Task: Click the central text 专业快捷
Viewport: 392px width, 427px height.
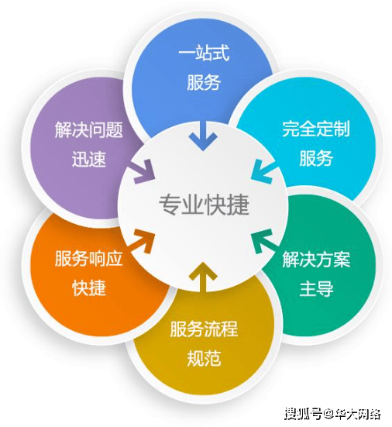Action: pyautogui.click(x=204, y=205)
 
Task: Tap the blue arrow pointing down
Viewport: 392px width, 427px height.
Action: pyautogui.click(x=203, y=136)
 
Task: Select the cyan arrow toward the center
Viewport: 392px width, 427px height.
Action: pyautogui.click(x=263, y=171)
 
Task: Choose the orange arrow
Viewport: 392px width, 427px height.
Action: pyautogui.click(x=142, y=241)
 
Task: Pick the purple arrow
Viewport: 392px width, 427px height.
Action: pyautogui.click(x=143, y=171)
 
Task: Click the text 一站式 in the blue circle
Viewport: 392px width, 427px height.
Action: pyautogui.click(x=204, y=53)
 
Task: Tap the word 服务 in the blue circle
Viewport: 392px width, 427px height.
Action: pyautogui.click(x=204, y=82)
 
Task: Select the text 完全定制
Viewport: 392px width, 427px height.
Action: pyautogui.click(x=316, y=129)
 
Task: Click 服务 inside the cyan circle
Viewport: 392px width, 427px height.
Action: pyautogui.click(x=316, y=158)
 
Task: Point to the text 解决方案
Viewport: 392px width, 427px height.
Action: pyautogui.click(x=316, y=259)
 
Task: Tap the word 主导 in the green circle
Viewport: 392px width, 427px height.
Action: pyautogui.click(x=316, y=288)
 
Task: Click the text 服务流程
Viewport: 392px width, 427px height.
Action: pyautogui.click(x=204, y=329)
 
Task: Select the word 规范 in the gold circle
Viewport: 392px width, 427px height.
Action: pyautogui.click(x=204, y=358)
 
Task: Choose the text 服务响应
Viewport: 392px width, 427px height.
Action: pyautogui.click(x=89, y=258)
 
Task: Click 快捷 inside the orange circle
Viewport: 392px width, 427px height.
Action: pyautogui.click(x=89, y=288)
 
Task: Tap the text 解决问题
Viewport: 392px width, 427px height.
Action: pyautogui.click(x=89, y=129)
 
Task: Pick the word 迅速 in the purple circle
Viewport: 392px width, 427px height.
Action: pyautogui.click(x=89, y=159)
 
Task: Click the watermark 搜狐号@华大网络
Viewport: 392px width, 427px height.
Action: pyautogui.click(x=332, y=414)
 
